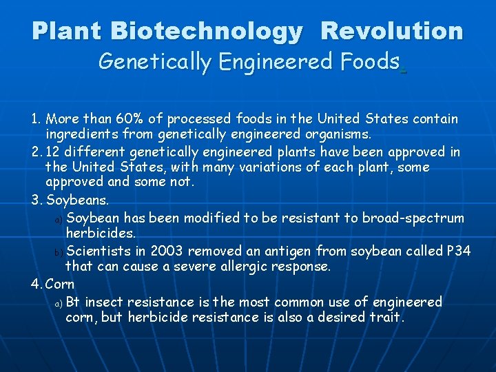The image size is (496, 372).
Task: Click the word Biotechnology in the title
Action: (206, 31)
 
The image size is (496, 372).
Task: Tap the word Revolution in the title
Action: (392, 31)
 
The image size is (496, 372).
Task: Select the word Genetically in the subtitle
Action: (156, 62)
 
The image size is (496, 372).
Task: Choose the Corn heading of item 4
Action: (60, 284)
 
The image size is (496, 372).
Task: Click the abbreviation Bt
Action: (74, 302)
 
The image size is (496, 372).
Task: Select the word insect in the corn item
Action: (103, 302)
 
